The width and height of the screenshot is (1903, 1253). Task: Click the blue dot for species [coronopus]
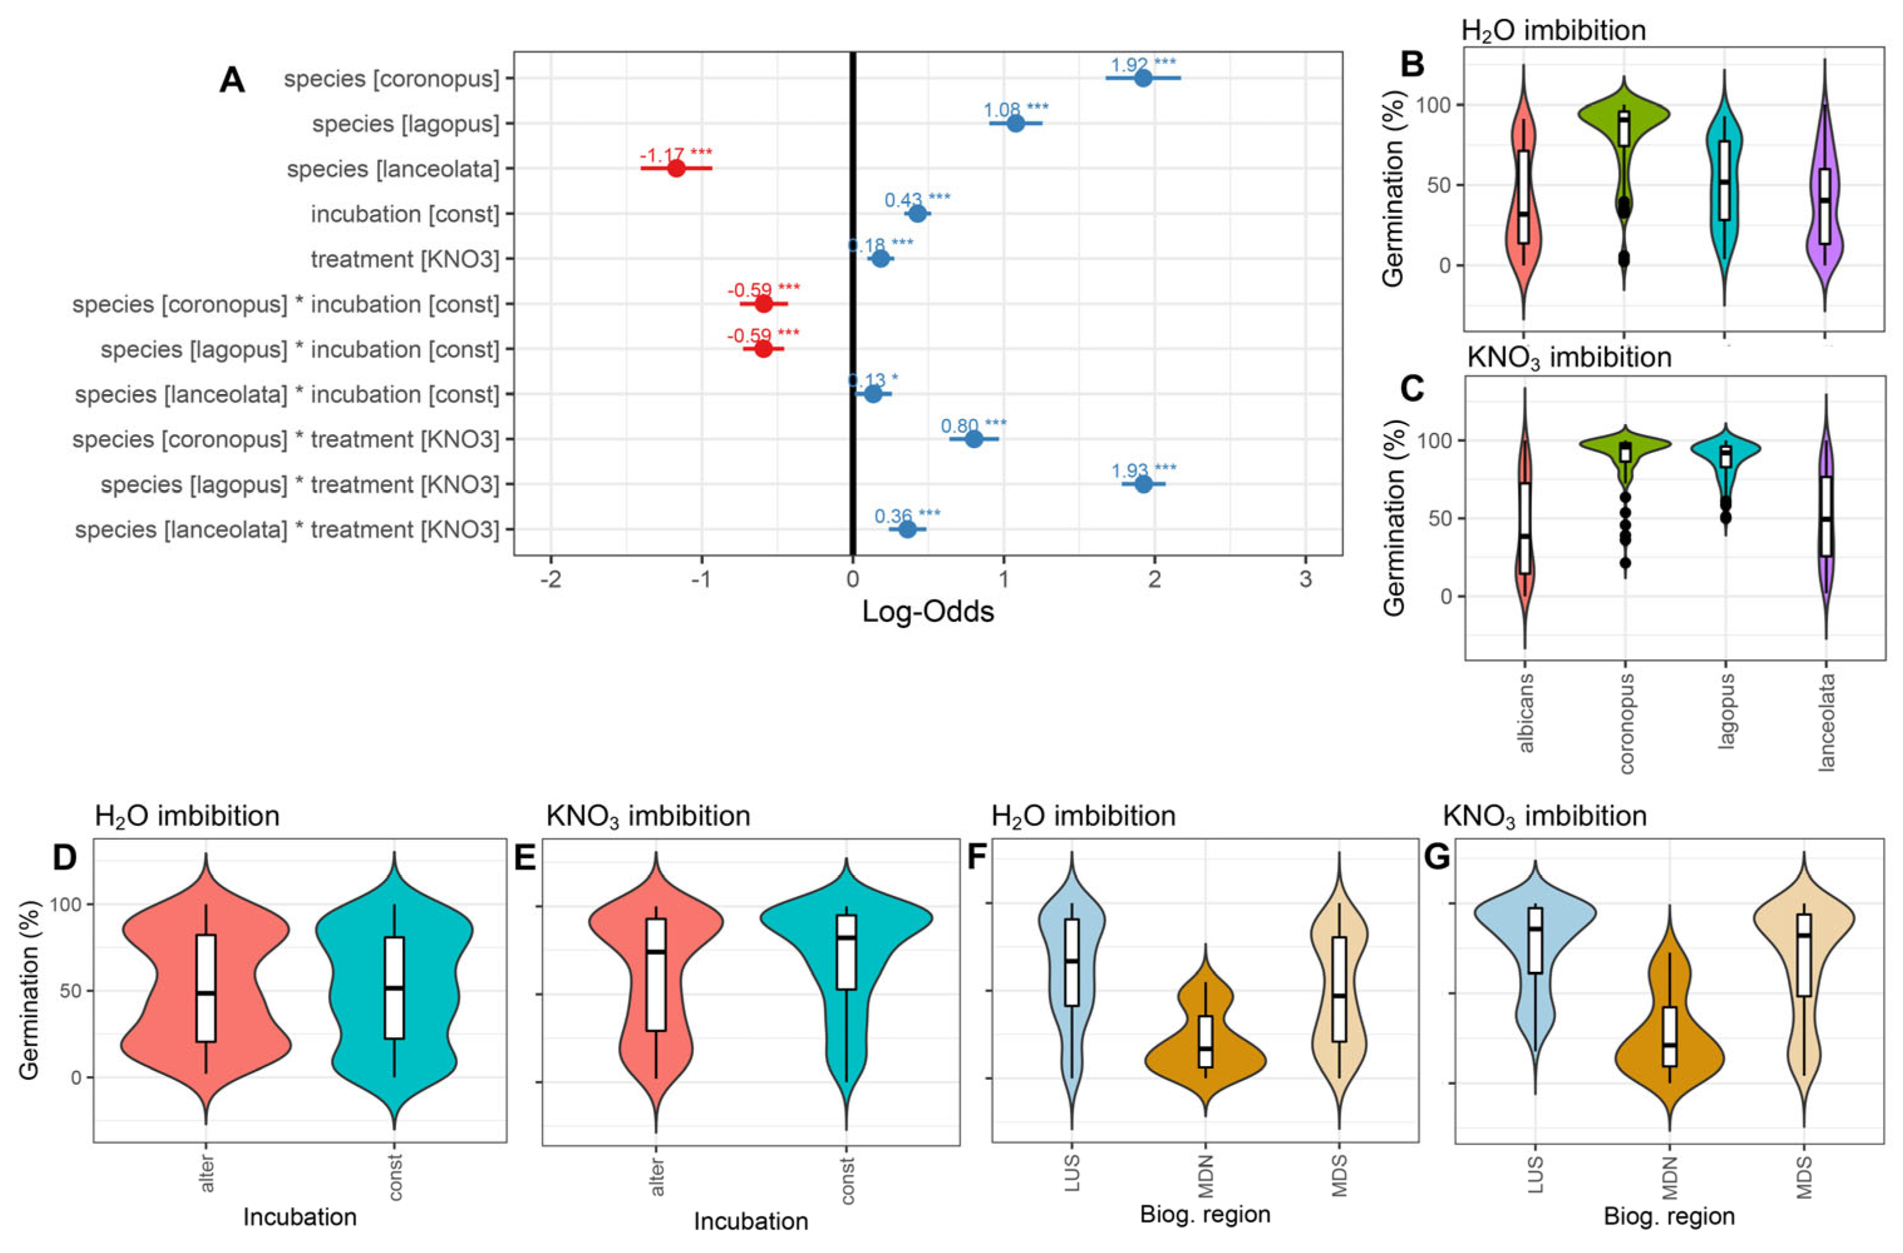coord(1143,78)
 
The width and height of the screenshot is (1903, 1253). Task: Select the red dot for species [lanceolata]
coord(676,169)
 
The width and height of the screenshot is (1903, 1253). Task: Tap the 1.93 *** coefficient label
coord(1143,470)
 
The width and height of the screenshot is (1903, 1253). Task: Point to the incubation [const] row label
coord(405,215)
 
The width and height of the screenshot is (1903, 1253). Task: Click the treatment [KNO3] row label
coord(405,259)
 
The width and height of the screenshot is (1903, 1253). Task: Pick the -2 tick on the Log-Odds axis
coord(551,578)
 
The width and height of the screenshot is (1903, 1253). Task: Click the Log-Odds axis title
coord(927,612)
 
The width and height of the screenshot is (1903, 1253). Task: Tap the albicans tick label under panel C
coord(1525,712)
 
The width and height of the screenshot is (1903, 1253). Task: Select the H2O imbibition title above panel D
coord(187,816)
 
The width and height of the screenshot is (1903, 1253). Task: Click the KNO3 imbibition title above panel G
coord(1545,816)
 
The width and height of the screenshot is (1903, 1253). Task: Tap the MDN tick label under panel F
coord(1206,1173)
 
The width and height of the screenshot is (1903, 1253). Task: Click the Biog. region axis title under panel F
coord(1205,1214)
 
